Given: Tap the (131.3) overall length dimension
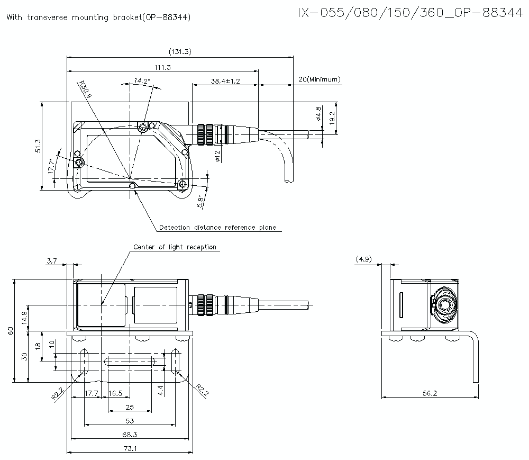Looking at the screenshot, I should (x=180, y=51).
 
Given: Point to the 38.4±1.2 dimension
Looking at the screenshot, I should (x=225, y=81).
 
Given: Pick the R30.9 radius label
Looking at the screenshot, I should (x=84, y=89).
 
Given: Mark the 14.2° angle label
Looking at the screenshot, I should (x=142, y=80).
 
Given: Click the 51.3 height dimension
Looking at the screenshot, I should (x=38, y=146).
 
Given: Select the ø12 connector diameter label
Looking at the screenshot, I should (x=217, y=155).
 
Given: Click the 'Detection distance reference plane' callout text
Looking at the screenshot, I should (x=217, y=228).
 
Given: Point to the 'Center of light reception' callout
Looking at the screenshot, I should (x=175, y=247).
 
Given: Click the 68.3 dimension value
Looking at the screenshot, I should (x=130, y=435).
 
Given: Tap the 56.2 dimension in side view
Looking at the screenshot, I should (x=430, y=393).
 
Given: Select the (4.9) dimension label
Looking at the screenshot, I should (x=364, y=259).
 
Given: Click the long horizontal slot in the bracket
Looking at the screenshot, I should (x=130, y=362).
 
